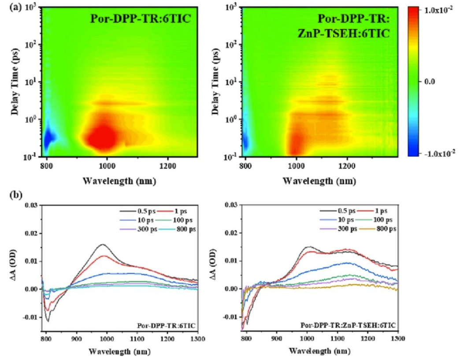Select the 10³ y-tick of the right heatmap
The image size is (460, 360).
(233, 7)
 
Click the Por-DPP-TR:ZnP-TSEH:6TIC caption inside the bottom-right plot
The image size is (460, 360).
(348, 326)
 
